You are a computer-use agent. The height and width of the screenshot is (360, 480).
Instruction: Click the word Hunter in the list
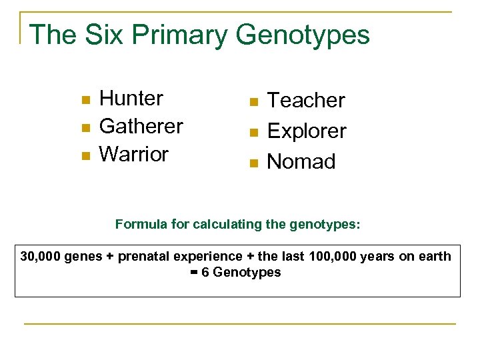coord(131,99)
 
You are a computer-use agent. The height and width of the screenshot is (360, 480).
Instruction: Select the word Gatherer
coord(141,126)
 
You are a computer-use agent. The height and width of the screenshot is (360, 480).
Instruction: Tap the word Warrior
coord(133,154)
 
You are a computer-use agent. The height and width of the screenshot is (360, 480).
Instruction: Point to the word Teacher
coord(306,101)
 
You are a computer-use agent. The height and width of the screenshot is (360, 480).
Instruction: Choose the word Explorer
coord(307,131)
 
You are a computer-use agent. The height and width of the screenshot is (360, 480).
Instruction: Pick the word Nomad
coord(301,162)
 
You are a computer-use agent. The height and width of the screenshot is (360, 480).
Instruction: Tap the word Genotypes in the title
coord(303,35)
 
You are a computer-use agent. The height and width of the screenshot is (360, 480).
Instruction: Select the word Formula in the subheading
coord(139,224)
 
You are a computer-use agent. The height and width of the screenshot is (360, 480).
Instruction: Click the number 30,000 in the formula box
coord(41,257)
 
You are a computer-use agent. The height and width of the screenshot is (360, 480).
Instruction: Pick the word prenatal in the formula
coord(143,257)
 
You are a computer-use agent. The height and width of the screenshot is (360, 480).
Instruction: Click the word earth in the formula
coord(435,257)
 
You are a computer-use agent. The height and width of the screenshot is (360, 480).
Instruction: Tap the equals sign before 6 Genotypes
coord(194,272)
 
